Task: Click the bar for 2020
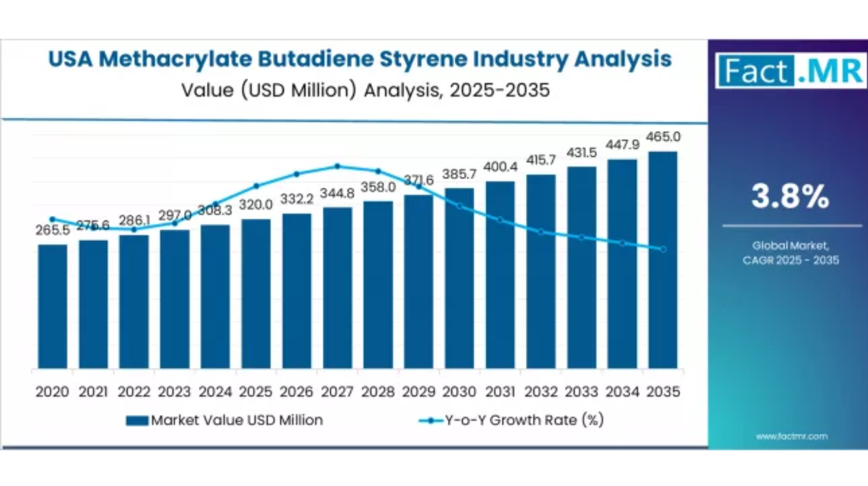(53, 306)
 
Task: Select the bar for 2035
(663, 260)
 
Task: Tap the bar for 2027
(337, 288)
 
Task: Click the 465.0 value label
(663, 137)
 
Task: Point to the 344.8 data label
(337, 193)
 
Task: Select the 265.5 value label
(53, 230)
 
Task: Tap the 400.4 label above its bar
(500, 167)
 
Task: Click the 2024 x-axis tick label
(215, 392)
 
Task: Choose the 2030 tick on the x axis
(459, 392)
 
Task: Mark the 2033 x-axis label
(582, 392)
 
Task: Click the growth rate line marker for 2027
(337, 167)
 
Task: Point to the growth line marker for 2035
(663, 250)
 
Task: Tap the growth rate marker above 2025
(256, 186)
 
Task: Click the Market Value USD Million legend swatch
(137, 420)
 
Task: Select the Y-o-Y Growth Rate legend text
(524, 420)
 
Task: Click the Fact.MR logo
(790, 71)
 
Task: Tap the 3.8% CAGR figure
(790, 196)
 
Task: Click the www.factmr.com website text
(792, 436)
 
